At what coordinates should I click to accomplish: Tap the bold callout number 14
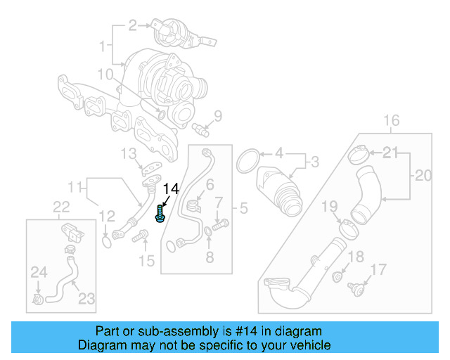click(172, 188)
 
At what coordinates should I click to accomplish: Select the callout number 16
click(392, 119)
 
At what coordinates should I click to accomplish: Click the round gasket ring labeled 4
click(247, 160)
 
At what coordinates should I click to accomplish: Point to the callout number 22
click(62, 206)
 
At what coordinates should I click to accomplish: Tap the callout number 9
click(217, 115)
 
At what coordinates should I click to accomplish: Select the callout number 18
click(356, 257)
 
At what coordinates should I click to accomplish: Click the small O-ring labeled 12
click(106, 242)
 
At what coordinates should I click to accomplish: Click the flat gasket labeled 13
click(150, 169)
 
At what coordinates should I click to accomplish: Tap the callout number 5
click(244, 208)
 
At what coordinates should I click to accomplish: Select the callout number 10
click(105, 74)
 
